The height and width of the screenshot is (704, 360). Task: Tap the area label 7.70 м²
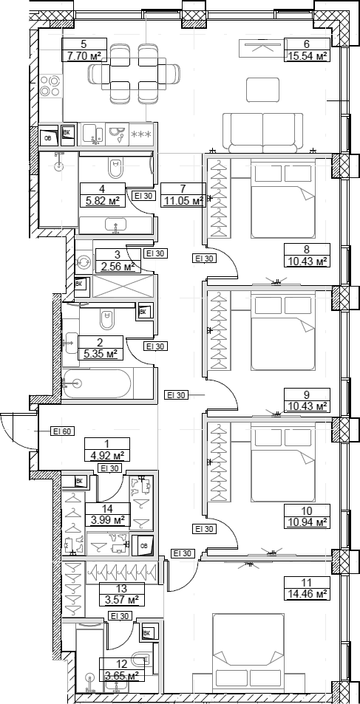click(x=84, y=55)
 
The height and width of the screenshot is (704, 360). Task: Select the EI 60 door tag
click(x=61, y=431)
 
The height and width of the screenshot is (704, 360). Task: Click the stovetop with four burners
click(x=50, y=86)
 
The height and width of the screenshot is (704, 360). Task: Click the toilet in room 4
click(x=116, y=168)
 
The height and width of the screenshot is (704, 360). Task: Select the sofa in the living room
click(x=263, y=133)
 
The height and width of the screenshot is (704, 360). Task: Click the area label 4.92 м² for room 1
click(x=107, y=455)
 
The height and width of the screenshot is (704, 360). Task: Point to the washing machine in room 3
click(x=84, y=262)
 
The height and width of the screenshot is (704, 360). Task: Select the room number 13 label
click(x=121, y=588)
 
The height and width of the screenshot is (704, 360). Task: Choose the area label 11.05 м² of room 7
click(x=183, y=200)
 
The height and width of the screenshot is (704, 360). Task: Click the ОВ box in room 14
click(x=144, y=546)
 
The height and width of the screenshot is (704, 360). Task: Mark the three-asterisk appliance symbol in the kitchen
click(x=143, y=134)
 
